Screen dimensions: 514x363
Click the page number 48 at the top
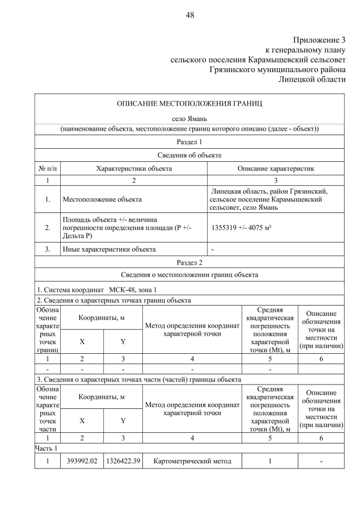189,15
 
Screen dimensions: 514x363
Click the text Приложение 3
319,40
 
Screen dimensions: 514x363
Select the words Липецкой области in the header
312,79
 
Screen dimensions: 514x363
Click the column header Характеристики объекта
134,169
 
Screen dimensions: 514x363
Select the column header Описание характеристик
276,169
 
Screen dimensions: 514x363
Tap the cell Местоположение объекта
102,199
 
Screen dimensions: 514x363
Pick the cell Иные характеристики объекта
108,249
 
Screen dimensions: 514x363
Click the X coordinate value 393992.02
82,461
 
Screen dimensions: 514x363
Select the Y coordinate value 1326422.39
123,461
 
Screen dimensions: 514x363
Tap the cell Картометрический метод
192,461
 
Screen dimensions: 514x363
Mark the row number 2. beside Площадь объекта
48,228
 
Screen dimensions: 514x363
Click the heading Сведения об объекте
189,155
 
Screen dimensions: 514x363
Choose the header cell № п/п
48,169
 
